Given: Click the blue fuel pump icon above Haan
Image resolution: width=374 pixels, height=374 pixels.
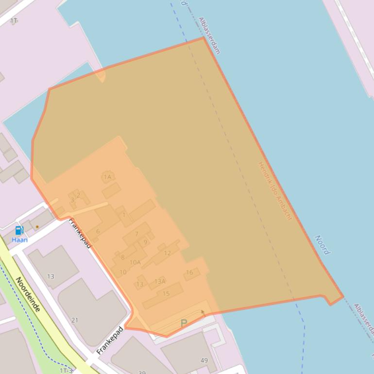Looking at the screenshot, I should coord(19,230).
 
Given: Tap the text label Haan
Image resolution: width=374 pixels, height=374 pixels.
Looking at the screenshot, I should coord(20,240).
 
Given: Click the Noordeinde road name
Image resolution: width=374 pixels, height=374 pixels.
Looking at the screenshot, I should coord(27,294).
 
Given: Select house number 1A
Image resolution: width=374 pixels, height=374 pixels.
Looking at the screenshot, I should coord(107,177).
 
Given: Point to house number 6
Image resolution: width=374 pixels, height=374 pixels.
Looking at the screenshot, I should coord(98,231).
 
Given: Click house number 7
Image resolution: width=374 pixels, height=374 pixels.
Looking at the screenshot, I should coord(136,234).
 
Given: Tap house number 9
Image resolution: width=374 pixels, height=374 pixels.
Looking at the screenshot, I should coord(145,242).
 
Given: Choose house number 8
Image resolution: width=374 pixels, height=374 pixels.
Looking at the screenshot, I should coord(122,257).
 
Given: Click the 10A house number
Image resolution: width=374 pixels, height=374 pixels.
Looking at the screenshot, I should coord(135,263).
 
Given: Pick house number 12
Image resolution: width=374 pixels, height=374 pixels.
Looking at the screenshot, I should coord(167,253).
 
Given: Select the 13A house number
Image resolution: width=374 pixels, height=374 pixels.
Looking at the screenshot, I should coord(160,281).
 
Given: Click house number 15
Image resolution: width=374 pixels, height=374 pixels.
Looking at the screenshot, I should coord(166,293).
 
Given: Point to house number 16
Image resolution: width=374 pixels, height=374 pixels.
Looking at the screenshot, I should coord(189,272).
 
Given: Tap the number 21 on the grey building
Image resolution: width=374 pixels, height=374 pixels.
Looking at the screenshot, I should coord(74,320).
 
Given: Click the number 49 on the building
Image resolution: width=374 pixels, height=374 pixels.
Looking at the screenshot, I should coord(204,360).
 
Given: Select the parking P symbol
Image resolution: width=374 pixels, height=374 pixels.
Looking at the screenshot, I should coord(184,323).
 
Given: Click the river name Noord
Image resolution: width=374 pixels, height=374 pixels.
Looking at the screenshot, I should coord(322,245).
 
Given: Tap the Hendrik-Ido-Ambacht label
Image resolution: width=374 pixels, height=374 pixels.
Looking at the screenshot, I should coord(275,191).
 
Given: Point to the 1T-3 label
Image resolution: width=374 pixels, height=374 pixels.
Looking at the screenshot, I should coord(66,371).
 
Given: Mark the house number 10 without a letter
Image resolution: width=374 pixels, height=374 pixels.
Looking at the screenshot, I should coord(123,272).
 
